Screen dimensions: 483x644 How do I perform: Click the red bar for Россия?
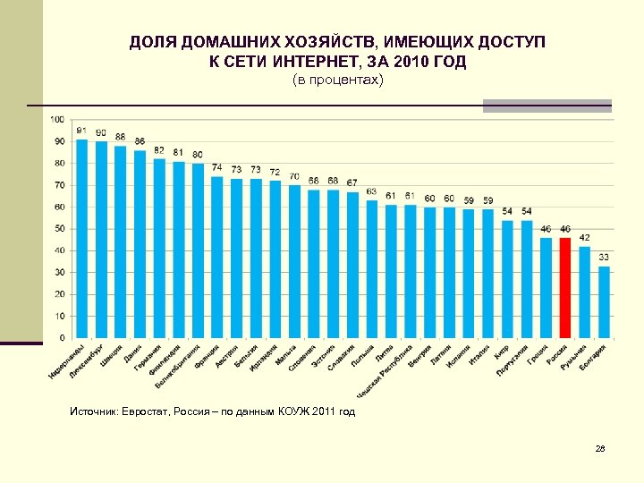[x=564, y=287]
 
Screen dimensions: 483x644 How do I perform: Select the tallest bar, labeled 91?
[x=82, y=239]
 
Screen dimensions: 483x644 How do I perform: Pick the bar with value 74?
[x=217, y=257]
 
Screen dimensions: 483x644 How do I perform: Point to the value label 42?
[x=584, y=238]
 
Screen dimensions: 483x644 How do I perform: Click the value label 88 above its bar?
[x=121, y=137]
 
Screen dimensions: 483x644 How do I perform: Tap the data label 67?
[x=352, y=182]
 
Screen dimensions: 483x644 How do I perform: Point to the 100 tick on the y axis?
[x=57, y=119]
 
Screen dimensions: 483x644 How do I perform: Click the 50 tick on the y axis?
[x=59, y=229]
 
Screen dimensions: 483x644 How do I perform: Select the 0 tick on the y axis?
[x=62, y=338]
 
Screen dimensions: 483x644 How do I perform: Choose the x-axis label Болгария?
[x=592, y=358]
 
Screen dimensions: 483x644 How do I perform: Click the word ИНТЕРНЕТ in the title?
[x=308, y=64]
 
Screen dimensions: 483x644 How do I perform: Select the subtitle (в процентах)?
[x=338, y=81]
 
